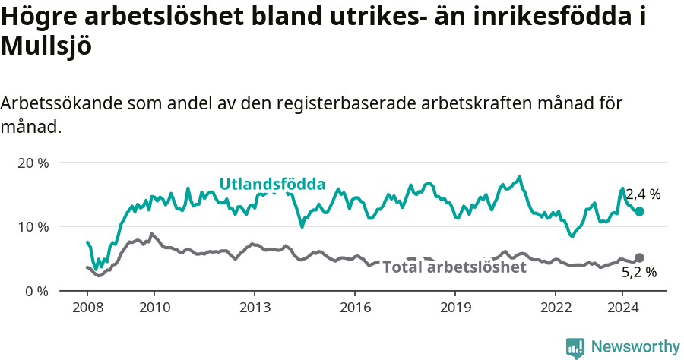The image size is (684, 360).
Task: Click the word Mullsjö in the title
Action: point(46,46)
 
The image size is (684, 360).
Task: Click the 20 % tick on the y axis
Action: point(33,163)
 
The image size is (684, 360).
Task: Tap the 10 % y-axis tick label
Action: point(33,226)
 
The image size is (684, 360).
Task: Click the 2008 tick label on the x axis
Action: point(87,308)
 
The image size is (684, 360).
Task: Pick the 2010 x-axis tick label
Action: point(154,308)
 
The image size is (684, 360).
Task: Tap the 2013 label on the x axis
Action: point(254,308)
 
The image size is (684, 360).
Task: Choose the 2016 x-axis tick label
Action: point(354,308)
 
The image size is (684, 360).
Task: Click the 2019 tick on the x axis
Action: point(454,308)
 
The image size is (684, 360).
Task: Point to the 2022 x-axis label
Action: point(555,308)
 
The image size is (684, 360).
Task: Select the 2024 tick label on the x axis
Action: point(622,308)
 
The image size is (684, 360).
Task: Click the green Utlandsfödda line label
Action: point(272,184)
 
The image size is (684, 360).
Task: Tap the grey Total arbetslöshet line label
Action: point(454,267)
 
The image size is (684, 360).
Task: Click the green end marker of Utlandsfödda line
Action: point(639,212)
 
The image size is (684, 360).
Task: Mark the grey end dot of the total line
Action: point(639,258)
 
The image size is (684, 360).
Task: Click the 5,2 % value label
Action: point(638,272)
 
